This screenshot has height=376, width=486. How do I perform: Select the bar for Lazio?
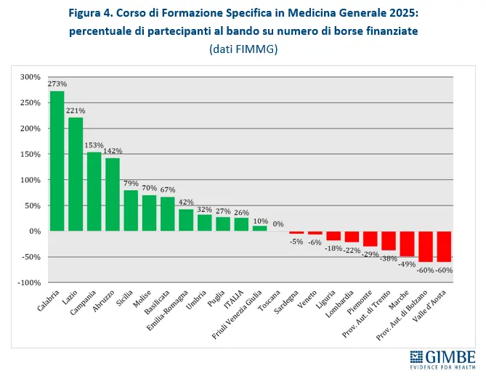75,174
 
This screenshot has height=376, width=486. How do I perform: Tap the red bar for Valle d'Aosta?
443,246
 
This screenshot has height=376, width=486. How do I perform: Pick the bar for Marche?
407,243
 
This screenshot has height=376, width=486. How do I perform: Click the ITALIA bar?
241,224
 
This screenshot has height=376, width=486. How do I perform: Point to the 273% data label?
57,83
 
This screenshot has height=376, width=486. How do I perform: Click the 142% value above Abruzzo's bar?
113,151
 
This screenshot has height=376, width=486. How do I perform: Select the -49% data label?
407,264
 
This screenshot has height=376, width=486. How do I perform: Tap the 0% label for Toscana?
278,224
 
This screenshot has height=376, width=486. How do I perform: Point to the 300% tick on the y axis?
31,77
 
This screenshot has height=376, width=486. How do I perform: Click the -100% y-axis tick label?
29,282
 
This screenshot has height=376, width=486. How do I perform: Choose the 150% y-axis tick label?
31,154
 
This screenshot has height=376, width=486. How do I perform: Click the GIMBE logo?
442,359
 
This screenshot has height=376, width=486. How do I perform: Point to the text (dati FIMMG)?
243,49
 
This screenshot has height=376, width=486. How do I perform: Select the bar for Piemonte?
370,238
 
